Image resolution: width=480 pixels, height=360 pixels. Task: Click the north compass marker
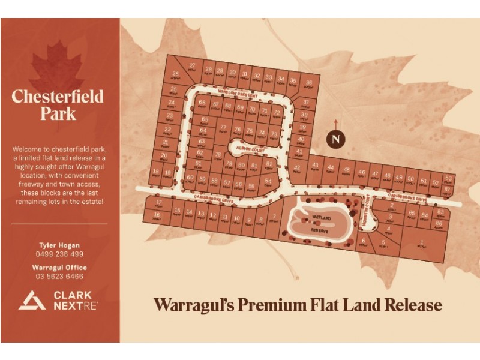pos(337,139)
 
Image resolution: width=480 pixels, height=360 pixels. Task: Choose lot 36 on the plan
pos(309,83)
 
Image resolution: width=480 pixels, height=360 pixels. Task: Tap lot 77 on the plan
pos(223,128)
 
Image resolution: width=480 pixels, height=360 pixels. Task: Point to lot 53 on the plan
pos(448,179)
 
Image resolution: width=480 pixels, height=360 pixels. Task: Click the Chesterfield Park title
pos(58,104)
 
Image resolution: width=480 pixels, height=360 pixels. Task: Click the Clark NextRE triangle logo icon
pos(31,299)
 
